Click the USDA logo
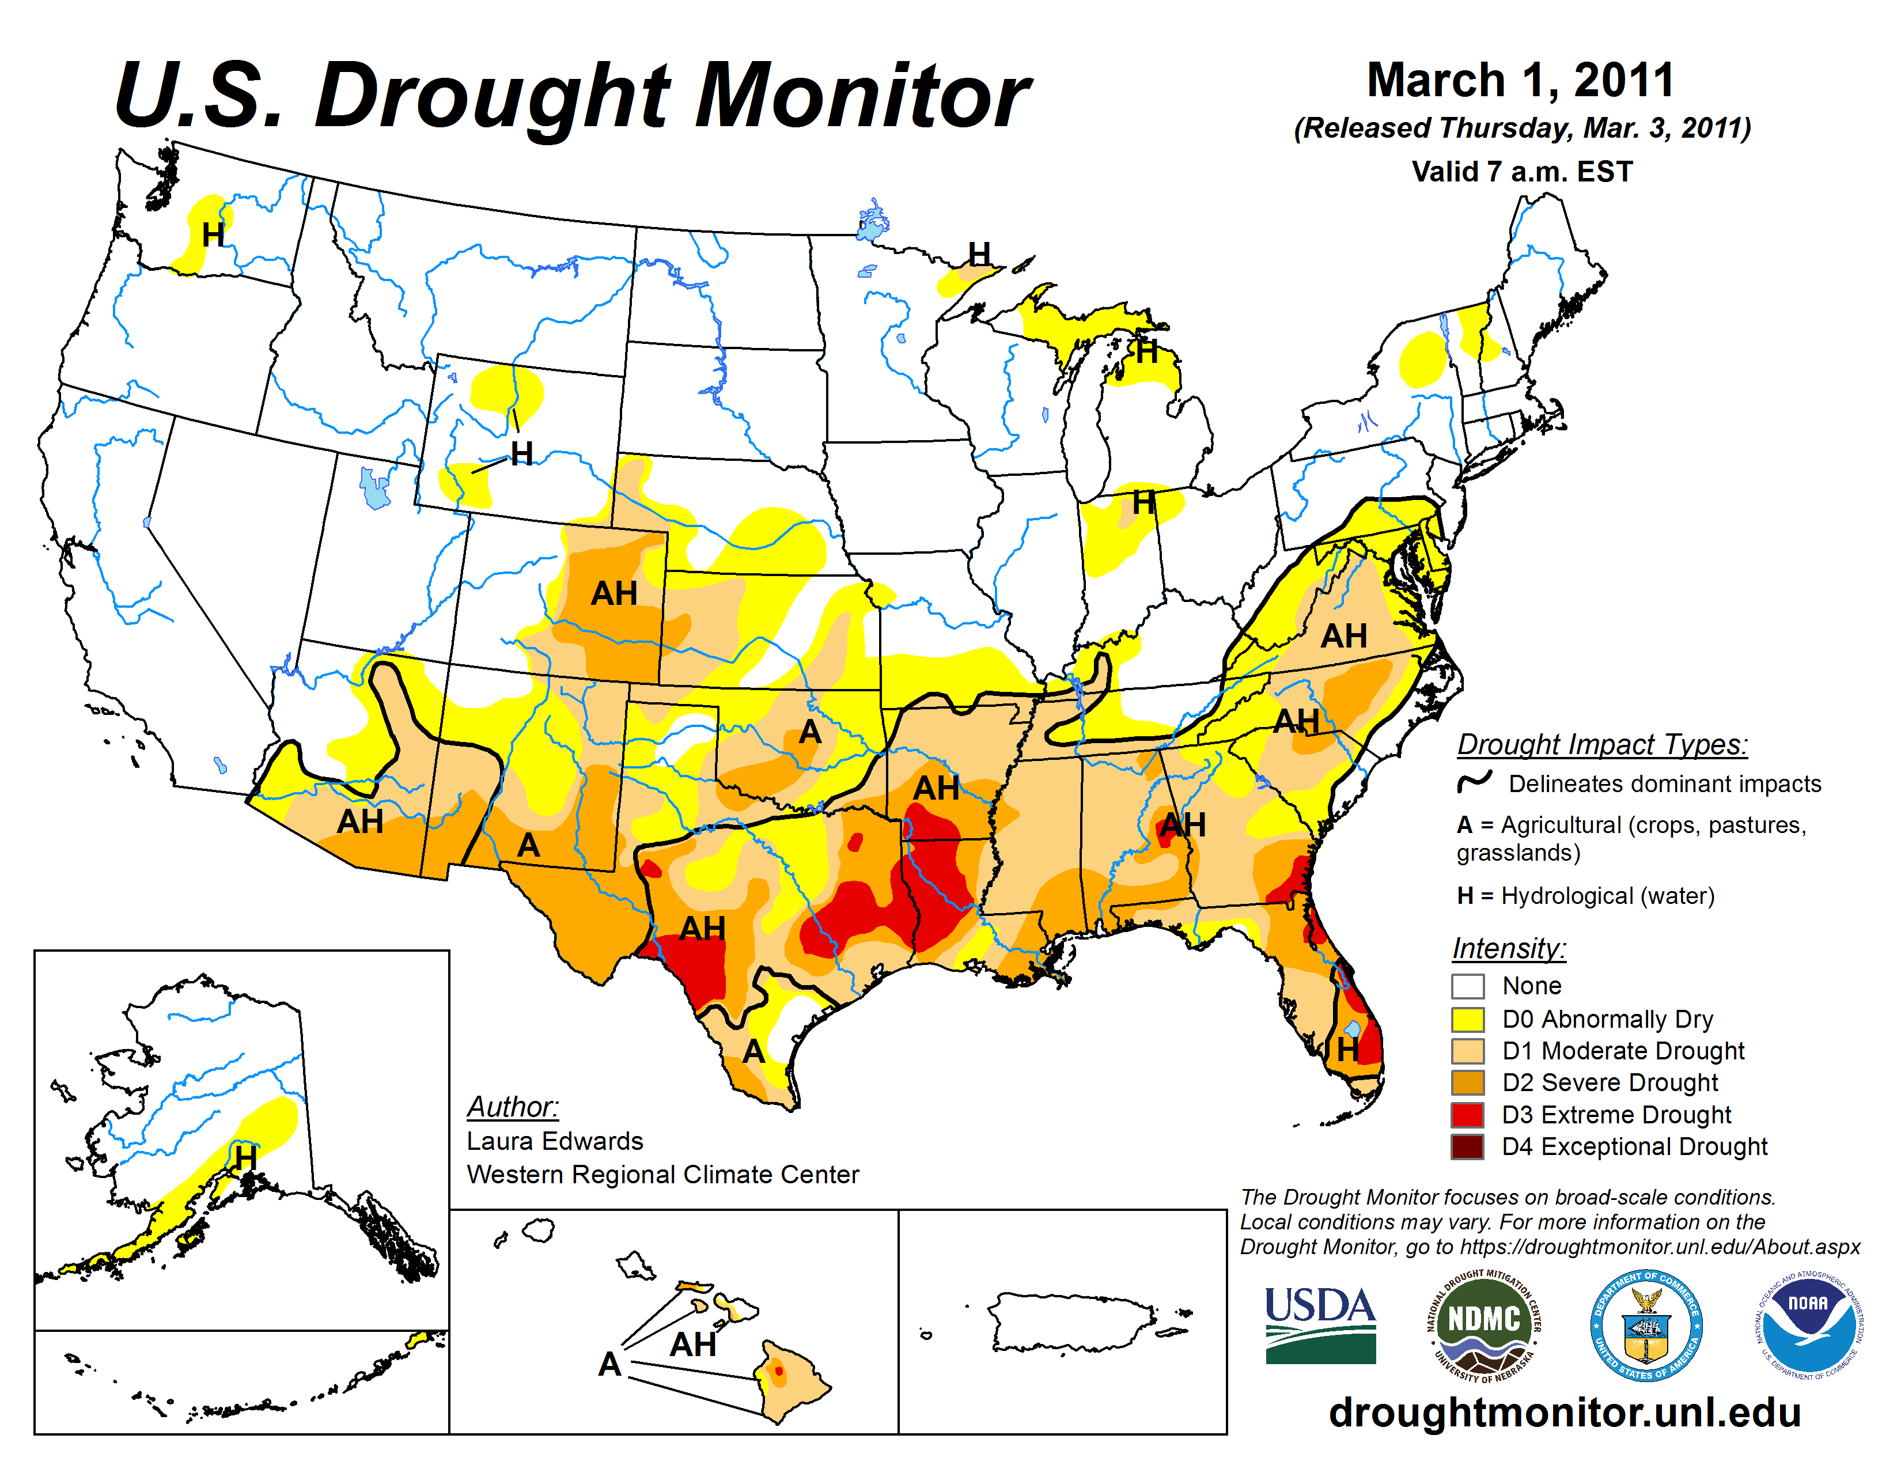[x=1320, y=1324]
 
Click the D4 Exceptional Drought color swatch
[x=1468, y=1146]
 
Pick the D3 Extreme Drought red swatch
[x=1468, y=1114]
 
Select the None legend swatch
[x=1468, y=986]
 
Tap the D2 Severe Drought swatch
[x=1468, y=1082]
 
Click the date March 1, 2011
[x=1521, y=80]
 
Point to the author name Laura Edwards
[x=554, y=1141]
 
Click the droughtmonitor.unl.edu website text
[x=1564, y=1411]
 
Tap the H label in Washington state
[x=213, y=235]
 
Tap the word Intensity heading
[x=1509, y=948]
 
